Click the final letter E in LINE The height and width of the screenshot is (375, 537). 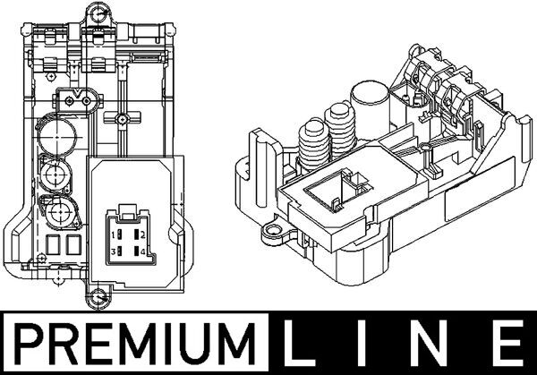tap(507, 344)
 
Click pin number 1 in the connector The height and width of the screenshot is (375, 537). tap(115, 235)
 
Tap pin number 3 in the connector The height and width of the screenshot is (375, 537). tap(115, 252)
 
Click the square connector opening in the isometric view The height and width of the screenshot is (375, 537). tap(325, 190)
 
